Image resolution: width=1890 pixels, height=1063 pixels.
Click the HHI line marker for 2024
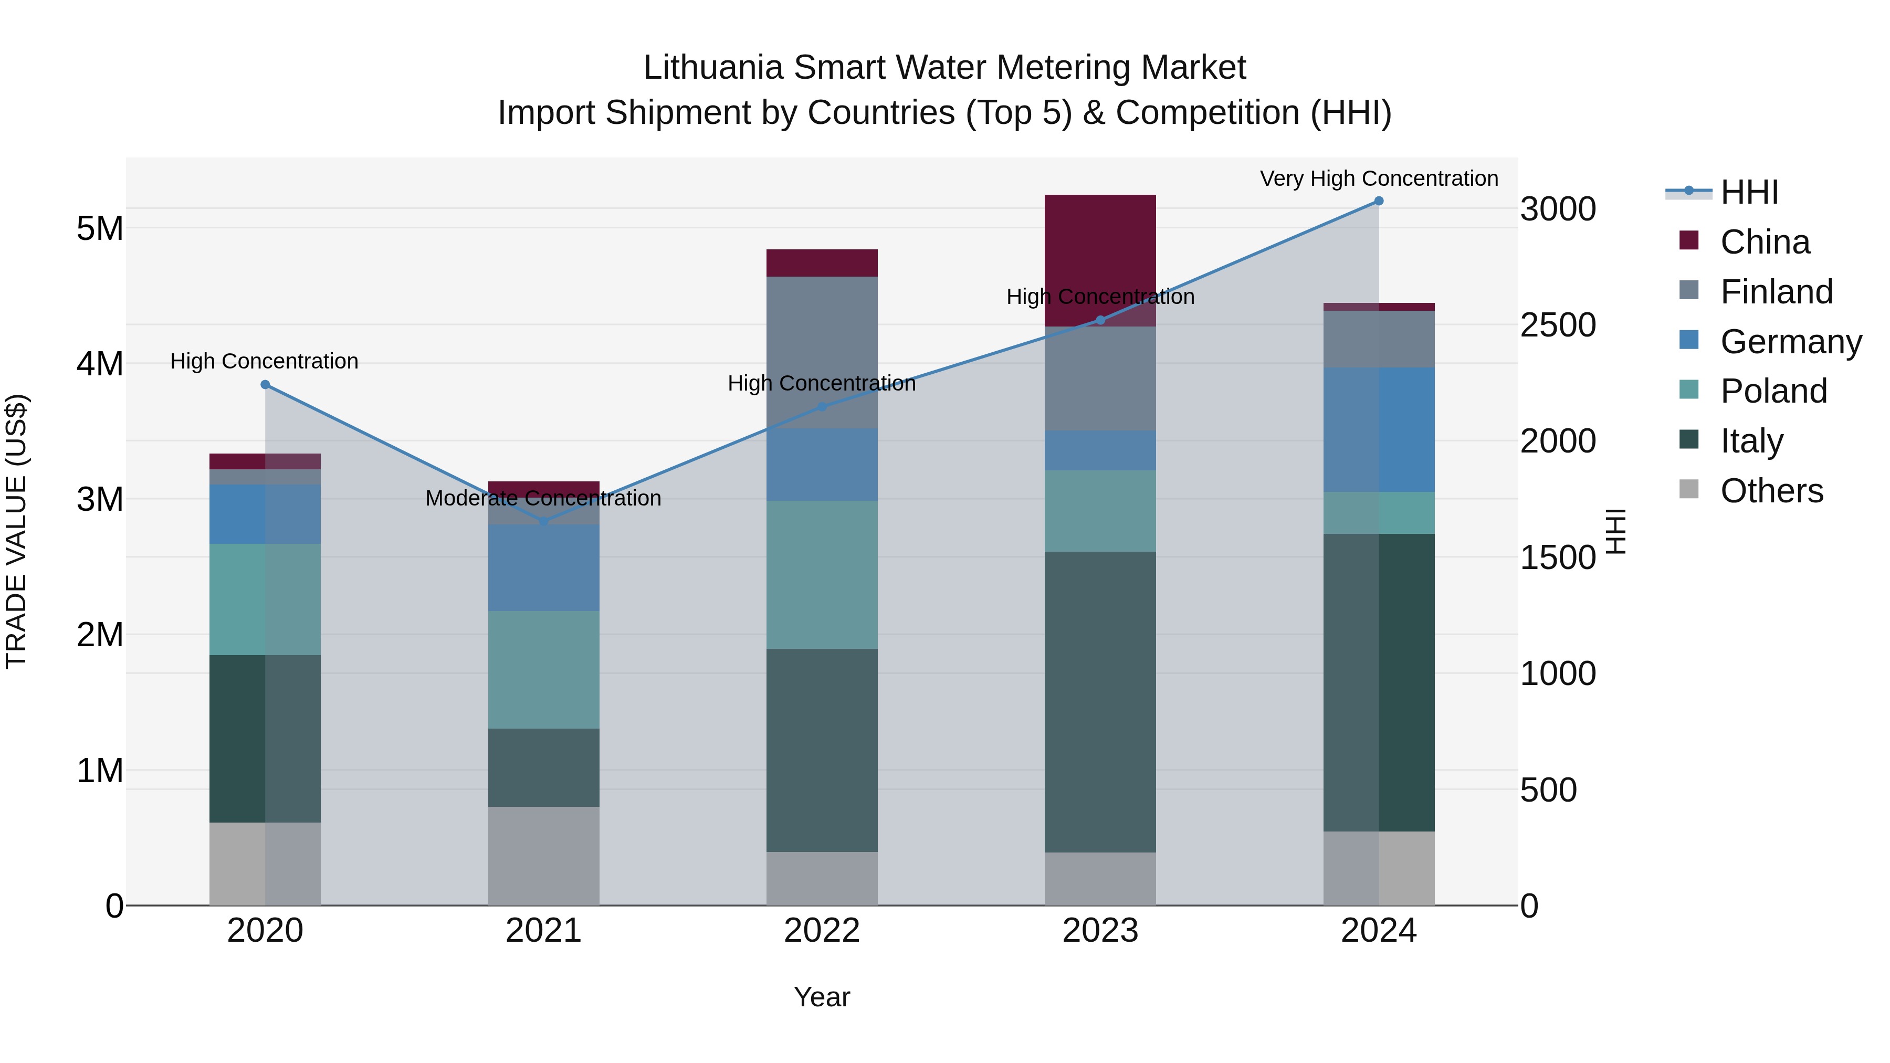(1379, 201)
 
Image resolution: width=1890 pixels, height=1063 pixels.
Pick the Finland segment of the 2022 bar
(822, 352)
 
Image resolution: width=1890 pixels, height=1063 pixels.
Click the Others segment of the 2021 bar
(544, 856)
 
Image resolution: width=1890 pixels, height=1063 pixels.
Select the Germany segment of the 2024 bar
(1379, 430)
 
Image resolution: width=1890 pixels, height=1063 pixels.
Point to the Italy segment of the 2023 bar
(1100, 702)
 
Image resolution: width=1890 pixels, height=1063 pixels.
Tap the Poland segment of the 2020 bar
(265, 599)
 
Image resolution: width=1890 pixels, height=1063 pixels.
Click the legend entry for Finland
(1776, 292)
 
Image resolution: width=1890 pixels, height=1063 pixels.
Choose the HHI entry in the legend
(1748, 192)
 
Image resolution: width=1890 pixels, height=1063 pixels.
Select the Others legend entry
(1771, 491)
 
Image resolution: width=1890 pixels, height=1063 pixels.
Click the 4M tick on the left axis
(100, 364)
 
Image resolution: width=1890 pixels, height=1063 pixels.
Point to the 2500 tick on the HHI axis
(1557, 325)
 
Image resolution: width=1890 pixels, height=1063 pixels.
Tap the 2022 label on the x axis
(822, 931)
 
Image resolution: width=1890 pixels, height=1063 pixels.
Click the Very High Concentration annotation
(1379, 179)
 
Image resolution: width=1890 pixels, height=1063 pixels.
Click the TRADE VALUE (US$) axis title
(17, 531)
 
